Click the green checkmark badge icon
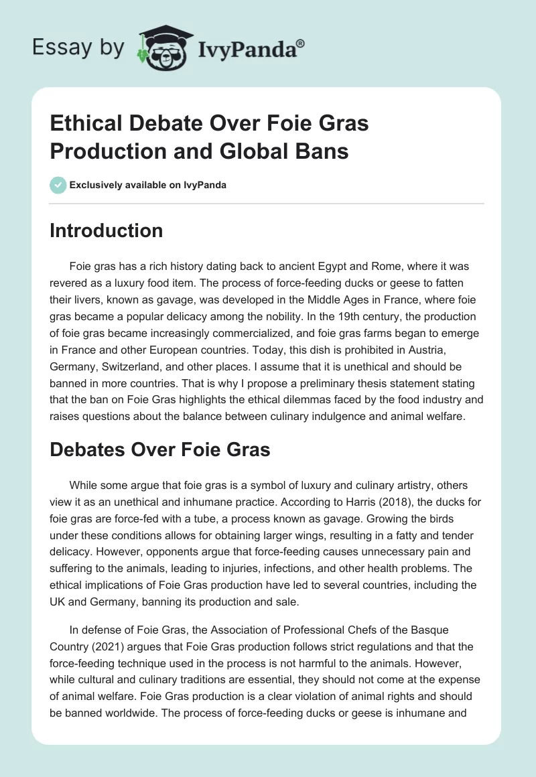[x=58, y=185]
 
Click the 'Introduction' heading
[x=107, y=230]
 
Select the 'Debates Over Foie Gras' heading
[x=160, y=449]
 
